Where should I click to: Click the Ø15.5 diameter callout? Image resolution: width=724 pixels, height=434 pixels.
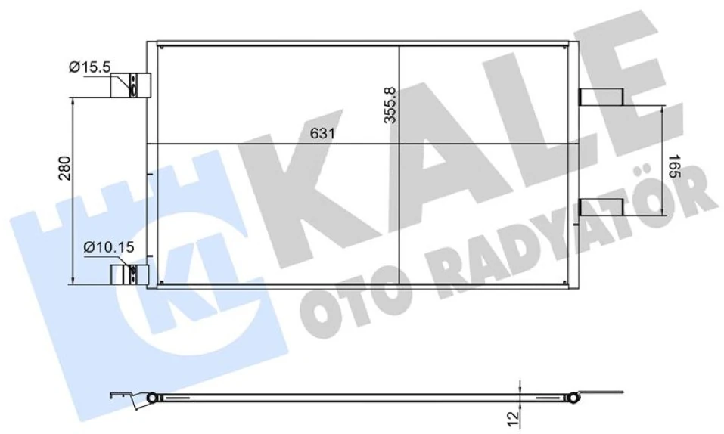[x=89, y=67]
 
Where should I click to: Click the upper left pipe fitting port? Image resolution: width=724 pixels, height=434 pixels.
[x=133, y=86]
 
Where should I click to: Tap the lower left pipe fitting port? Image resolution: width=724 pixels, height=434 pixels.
[x=132, y=273]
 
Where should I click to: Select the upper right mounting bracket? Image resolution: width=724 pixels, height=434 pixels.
[x=601, y=97]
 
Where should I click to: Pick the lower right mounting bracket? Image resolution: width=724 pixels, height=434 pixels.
[x=601, y=206]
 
